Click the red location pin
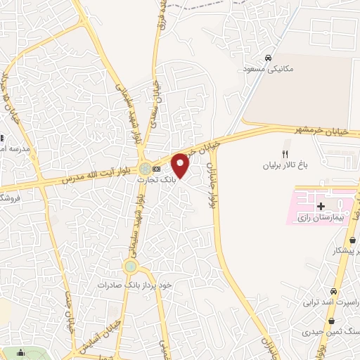tap(181, 165)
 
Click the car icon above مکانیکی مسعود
tap(268, 58)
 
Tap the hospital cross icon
tap(321, 206)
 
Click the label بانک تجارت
tap(157, 181)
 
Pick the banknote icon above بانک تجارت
tap(156, 169)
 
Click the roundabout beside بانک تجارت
tap(144, 169)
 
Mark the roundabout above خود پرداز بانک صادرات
tap(130, 266)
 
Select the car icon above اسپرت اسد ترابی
tap(334, 290)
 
